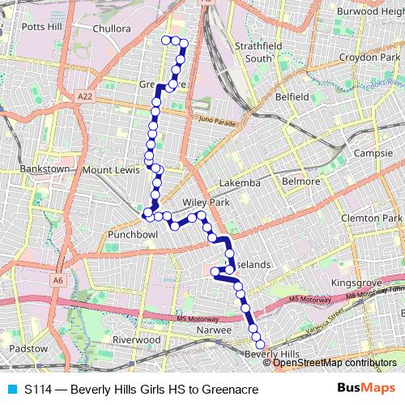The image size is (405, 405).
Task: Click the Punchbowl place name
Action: tap(132, 235)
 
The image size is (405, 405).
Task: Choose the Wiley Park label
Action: tap(207, 202)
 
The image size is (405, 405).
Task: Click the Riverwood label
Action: tap(138, 339)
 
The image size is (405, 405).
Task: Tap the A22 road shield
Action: tap(85, 96)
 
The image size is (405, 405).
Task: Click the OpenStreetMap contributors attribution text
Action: tap(335, 363)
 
